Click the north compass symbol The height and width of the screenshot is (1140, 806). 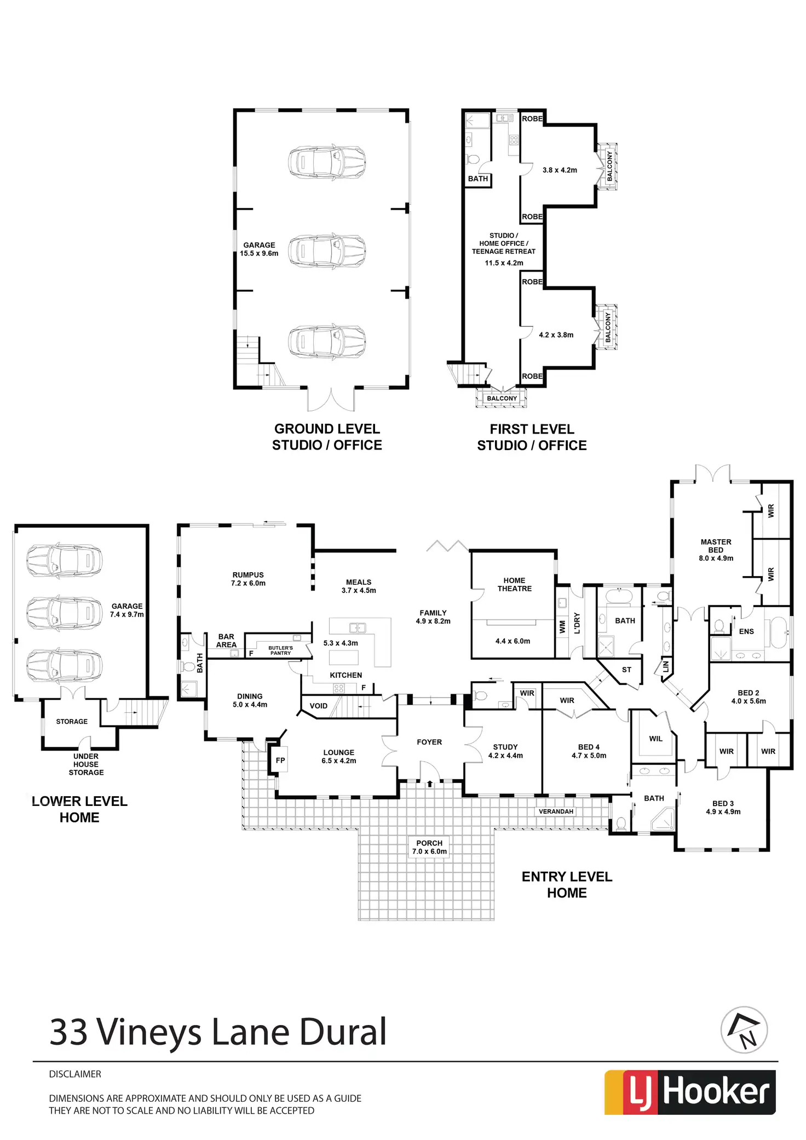pos(744,1029)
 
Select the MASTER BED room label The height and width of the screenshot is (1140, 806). pos(716,549)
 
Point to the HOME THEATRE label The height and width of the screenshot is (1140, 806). pos(514,584)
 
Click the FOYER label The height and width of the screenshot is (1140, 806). pos(429,742)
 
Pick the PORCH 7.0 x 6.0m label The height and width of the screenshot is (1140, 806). pos(429,847)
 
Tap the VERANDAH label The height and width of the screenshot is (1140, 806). pos(556,811)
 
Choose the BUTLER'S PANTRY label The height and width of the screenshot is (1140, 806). pos(280,650)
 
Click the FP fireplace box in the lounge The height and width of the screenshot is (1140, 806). pos(280,760)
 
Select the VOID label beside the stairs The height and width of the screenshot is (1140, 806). pos(318,706)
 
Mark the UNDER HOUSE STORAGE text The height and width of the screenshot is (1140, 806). pos(86,764)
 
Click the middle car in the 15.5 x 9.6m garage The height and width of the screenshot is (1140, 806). pos(327,251)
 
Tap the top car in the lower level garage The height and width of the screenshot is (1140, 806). pos(64,561)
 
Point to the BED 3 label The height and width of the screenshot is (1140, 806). pos(723,808)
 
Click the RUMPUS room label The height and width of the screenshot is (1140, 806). pos(248,579)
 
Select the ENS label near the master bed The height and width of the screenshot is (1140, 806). pos(746,631)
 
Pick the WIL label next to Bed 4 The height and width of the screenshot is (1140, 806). pos(655,739)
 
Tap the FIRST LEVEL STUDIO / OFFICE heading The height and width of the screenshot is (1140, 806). pos(532,437)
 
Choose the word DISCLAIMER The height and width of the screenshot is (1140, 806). pos(75,1074)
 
